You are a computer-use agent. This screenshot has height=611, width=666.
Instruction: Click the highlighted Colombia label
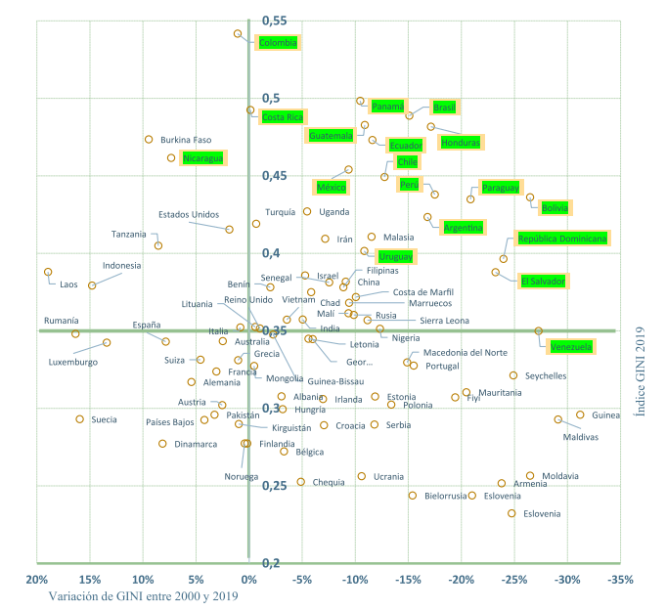278,43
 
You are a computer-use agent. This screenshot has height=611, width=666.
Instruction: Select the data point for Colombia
238,34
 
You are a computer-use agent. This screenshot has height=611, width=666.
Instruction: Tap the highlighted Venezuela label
570,347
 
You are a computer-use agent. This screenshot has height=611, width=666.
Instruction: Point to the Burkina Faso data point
149,140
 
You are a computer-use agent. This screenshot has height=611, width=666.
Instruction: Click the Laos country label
68,284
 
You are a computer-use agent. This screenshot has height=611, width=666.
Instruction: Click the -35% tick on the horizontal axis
620,580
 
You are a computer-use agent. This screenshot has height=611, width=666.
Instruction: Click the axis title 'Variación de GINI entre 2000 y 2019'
145,596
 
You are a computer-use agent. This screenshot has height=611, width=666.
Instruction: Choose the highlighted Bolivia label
555,207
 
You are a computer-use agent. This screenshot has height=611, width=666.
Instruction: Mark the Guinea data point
580,415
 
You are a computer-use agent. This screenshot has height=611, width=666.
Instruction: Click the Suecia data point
80,419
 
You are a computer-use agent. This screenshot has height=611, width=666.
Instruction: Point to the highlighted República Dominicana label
562,239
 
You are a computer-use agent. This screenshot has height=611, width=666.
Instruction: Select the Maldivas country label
581,437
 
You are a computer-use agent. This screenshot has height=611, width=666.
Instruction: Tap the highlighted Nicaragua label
203,158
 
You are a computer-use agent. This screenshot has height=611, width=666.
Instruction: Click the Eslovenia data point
511,513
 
